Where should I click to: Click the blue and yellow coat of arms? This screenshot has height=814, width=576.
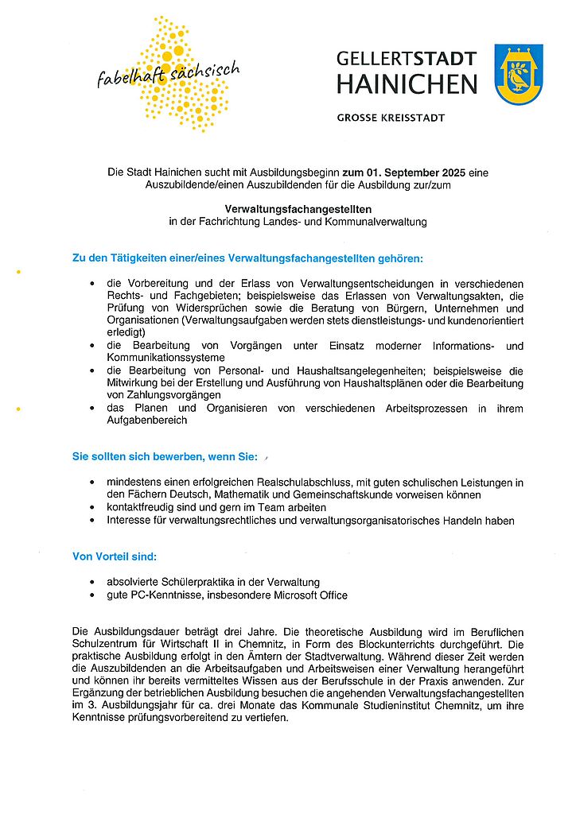(x=519, y=75)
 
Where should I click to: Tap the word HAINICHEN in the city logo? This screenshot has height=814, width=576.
(x=407, y=84)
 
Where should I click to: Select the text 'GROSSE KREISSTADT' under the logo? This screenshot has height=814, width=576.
(x=391, y=118)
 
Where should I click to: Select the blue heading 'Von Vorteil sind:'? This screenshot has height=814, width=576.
(x=115, y=556)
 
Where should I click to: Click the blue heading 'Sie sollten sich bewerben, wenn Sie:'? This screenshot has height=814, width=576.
(x=165, y=457)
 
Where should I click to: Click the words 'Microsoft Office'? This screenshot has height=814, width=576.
(x=310, y=595)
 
